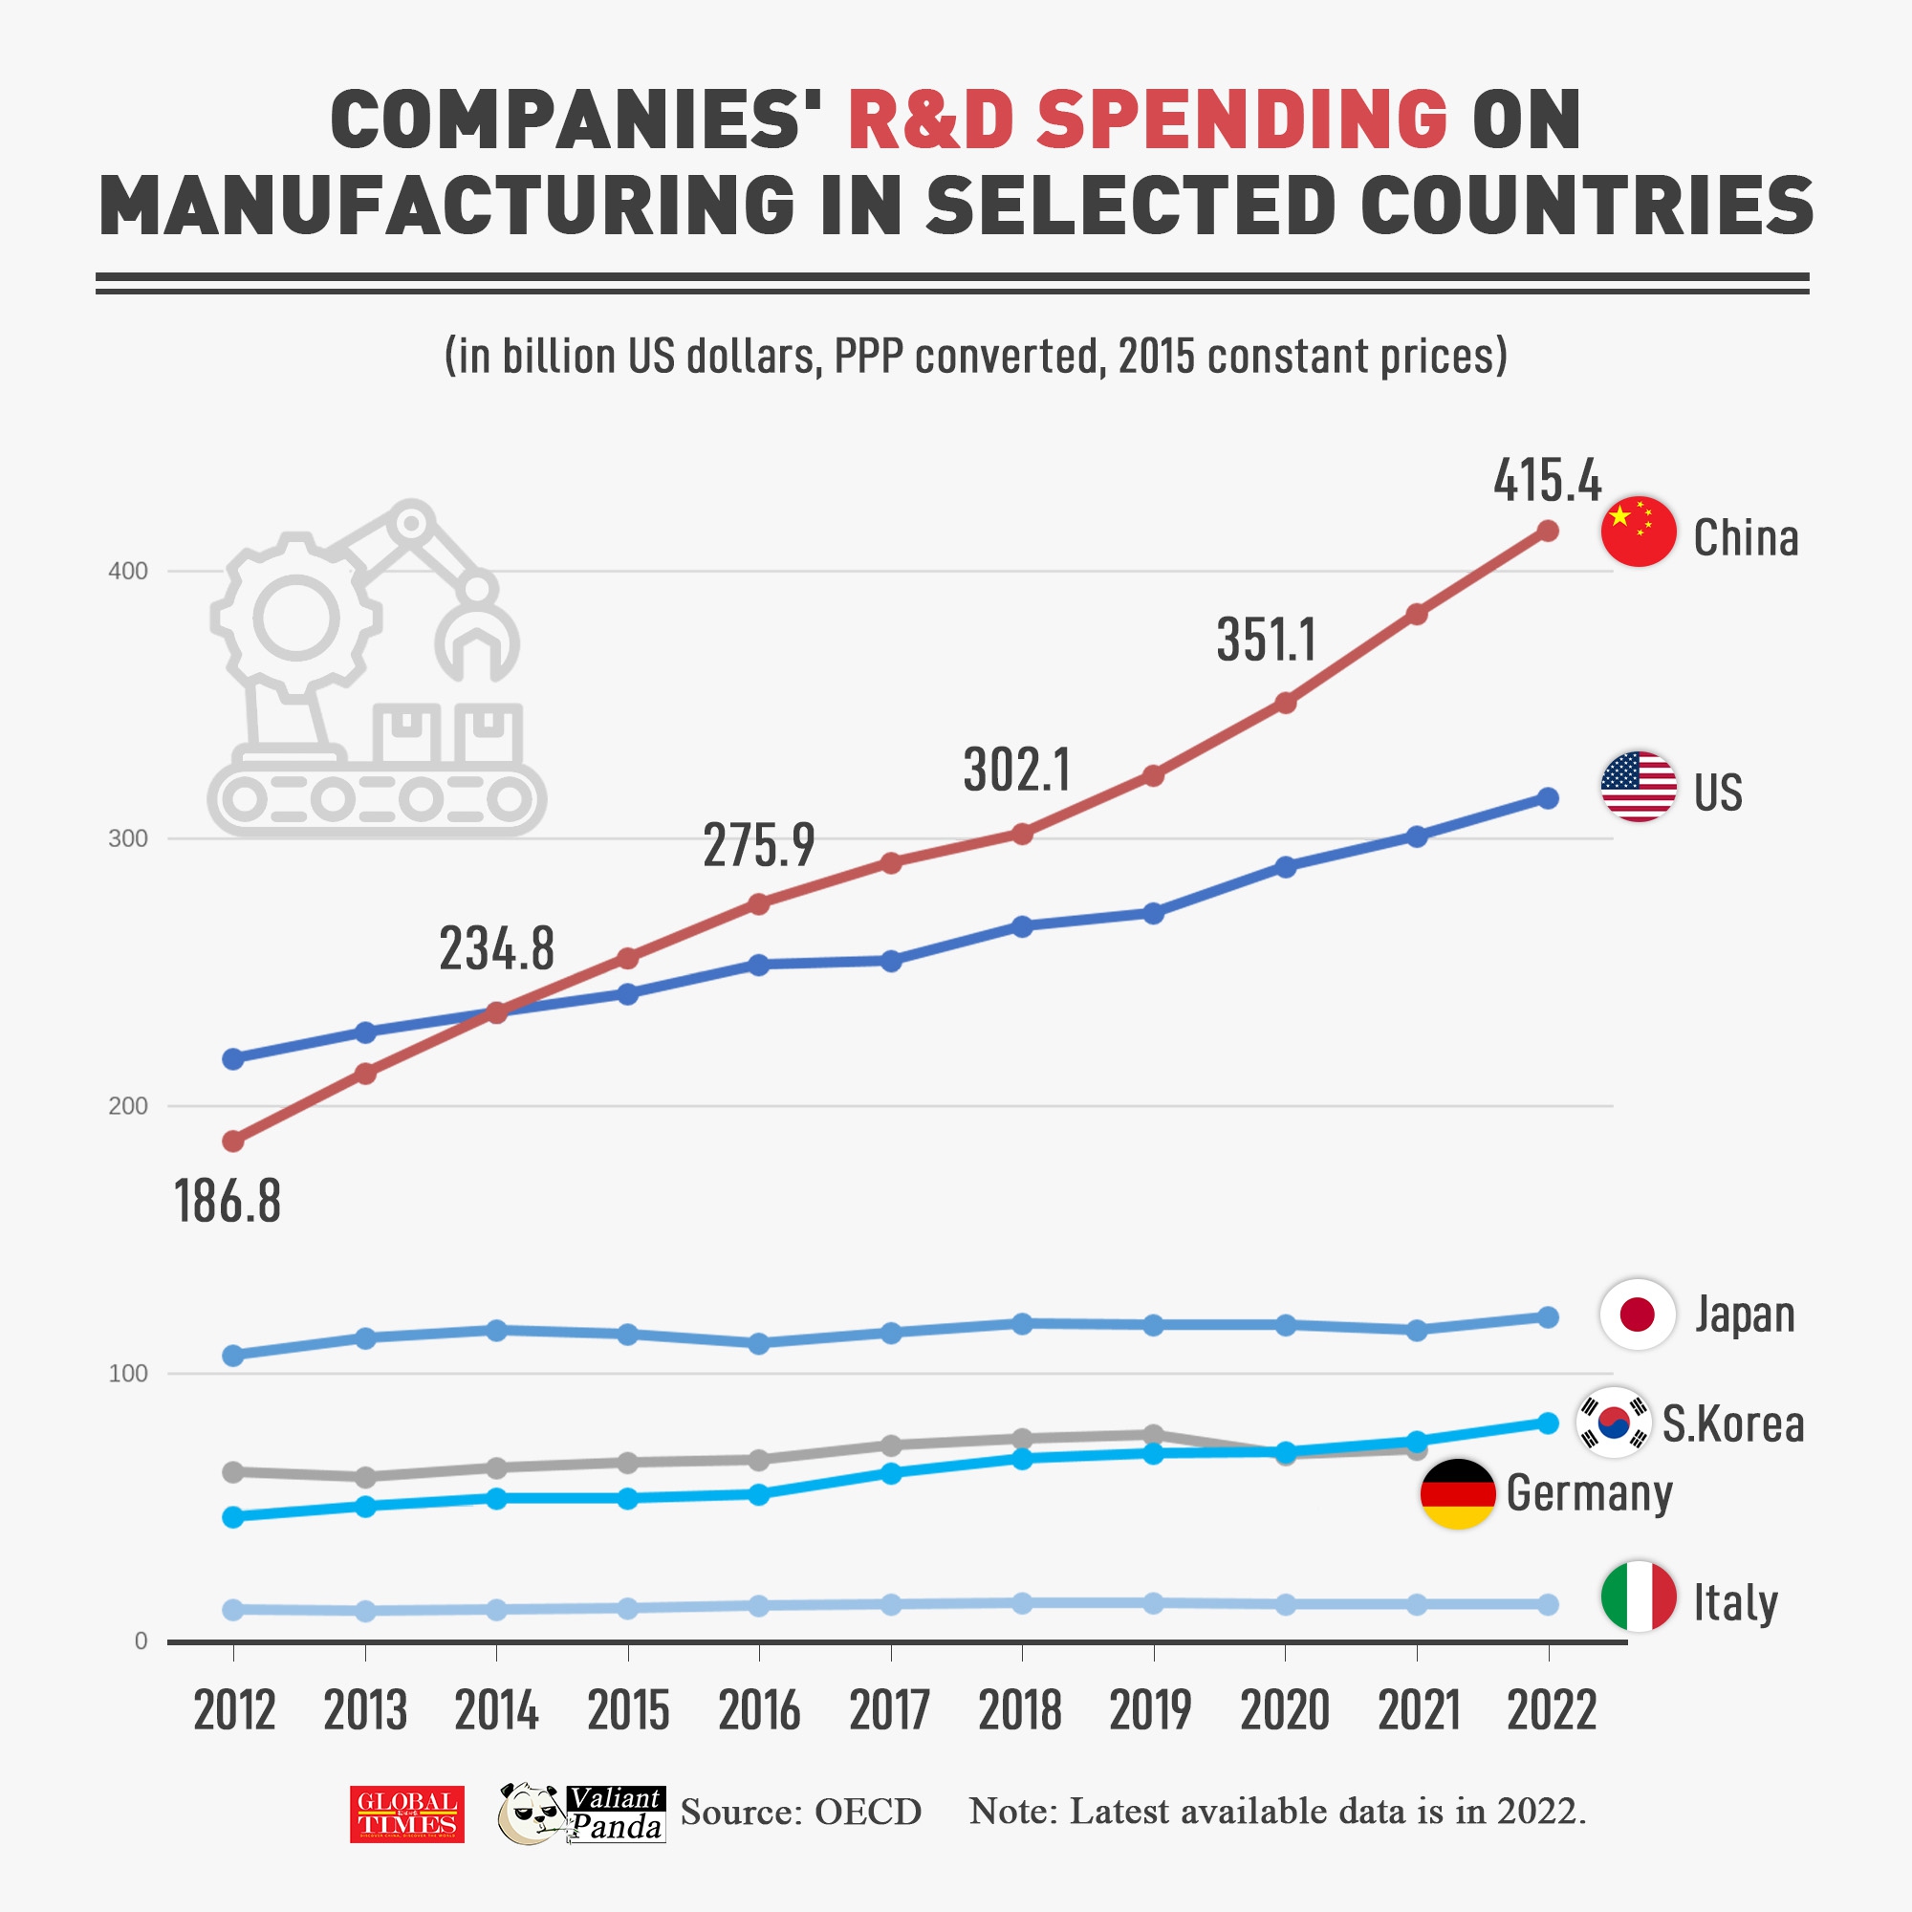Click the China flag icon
point(1638,532)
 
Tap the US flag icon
point(1638,787)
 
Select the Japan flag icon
point(1637,1314)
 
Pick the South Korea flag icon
point(1613,1423)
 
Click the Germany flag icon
point(1457,1493)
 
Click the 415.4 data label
point(1547,482)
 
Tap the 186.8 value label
point(228,1202)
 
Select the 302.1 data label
point(1016,770)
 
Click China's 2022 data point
point(1548,532)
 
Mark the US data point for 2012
point(233,1059)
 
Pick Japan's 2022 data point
point(1548,1317)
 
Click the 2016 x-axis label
point(759,1711)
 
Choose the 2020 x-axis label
point(1285,1711)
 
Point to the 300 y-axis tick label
point(128,839)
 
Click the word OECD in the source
point(868,1812)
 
